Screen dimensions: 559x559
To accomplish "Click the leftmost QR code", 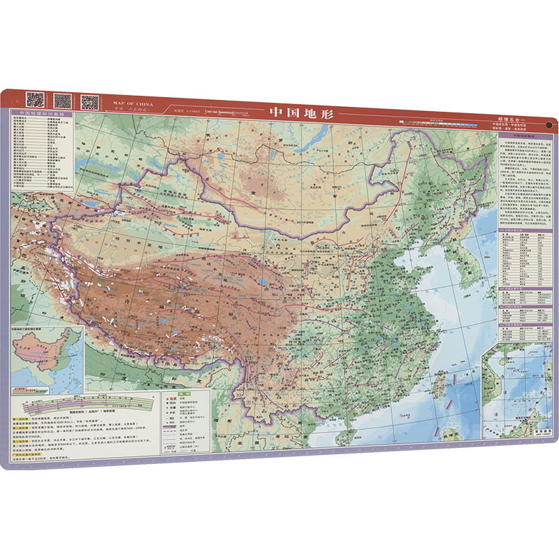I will pyautogui.click(x=36, y=100).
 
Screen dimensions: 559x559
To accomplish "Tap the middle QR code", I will pyautogui.click(x=62, y=101).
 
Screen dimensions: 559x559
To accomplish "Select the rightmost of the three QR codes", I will pyautogui.click(x=89, y=102).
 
